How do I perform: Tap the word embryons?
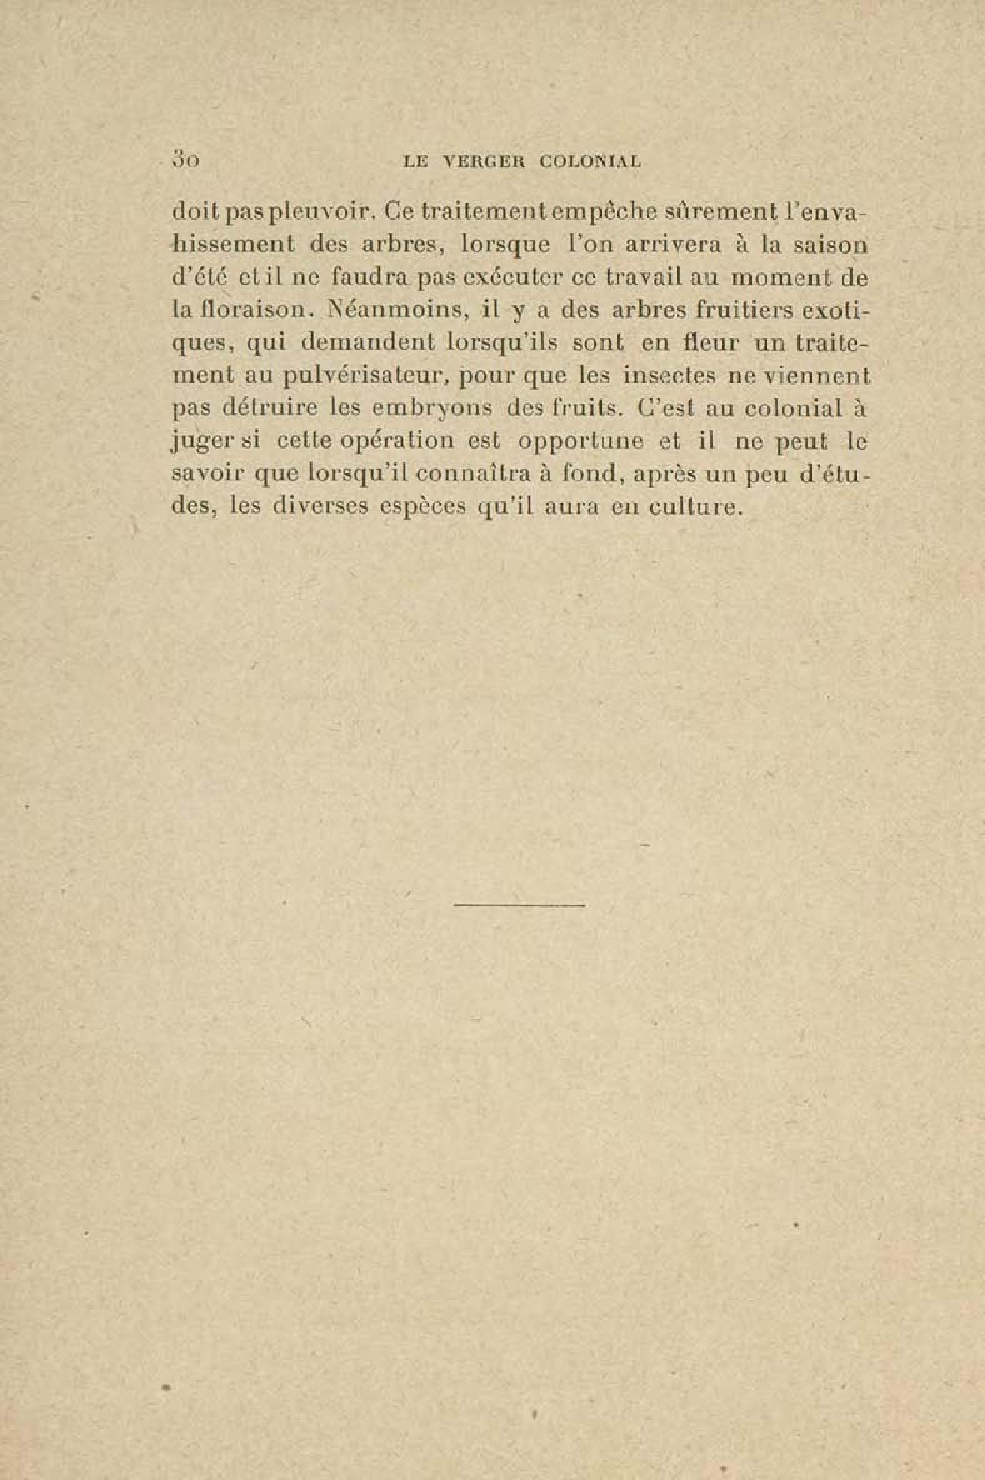click(x=429, y=410)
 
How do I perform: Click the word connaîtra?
click(x=473, y=475)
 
